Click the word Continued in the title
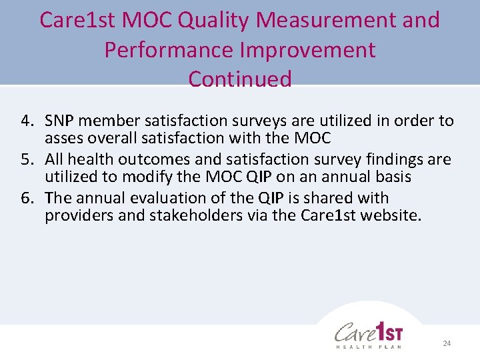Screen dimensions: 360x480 (240, 79)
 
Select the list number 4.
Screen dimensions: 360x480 (27, 121)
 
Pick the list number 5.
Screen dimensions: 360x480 (27, 160)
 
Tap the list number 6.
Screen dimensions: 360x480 (27, 199)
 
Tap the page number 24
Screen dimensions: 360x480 (447, 343)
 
